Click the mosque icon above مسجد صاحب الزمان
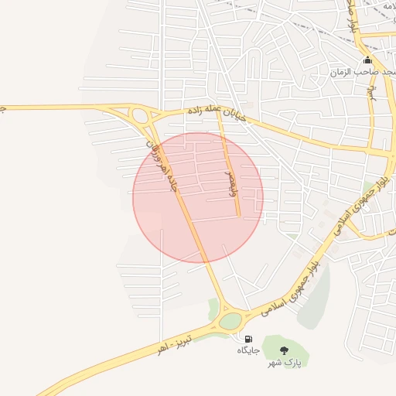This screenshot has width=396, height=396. point(367,60)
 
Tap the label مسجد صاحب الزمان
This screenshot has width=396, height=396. point(362,72)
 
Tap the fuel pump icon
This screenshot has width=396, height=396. point(247,339)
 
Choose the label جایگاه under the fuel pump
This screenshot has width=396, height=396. point(248,350)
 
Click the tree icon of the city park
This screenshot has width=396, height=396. point(284,350)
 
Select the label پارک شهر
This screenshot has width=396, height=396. point(284,362)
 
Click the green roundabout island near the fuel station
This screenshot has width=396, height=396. point(230,321)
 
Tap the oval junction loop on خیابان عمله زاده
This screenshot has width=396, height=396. point(140,118)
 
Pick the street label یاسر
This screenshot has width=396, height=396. point(370,94)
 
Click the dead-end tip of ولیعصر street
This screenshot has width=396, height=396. point(238,214)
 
